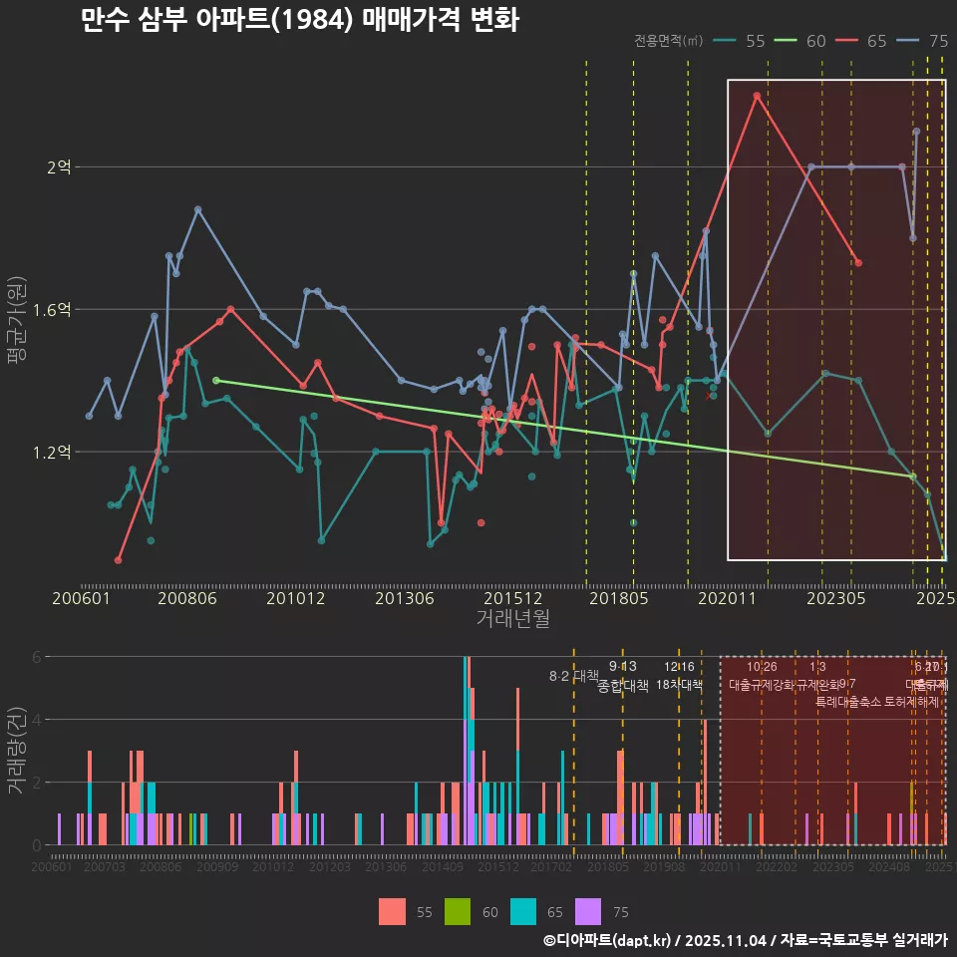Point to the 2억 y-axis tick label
[x=59, y=167]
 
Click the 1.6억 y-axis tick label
[x=52, y=310]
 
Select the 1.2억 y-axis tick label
[x=52, y=453]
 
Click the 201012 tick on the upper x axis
[x=296, y=599]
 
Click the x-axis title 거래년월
[x=512, y=619]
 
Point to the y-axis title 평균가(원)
[x=17, y=311]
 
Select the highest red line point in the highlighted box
[x=757, y=96]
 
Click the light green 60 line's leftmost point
[x=216, y=380]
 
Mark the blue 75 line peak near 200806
[x=197, y=209]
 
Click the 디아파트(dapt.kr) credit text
[x=613, y=940]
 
